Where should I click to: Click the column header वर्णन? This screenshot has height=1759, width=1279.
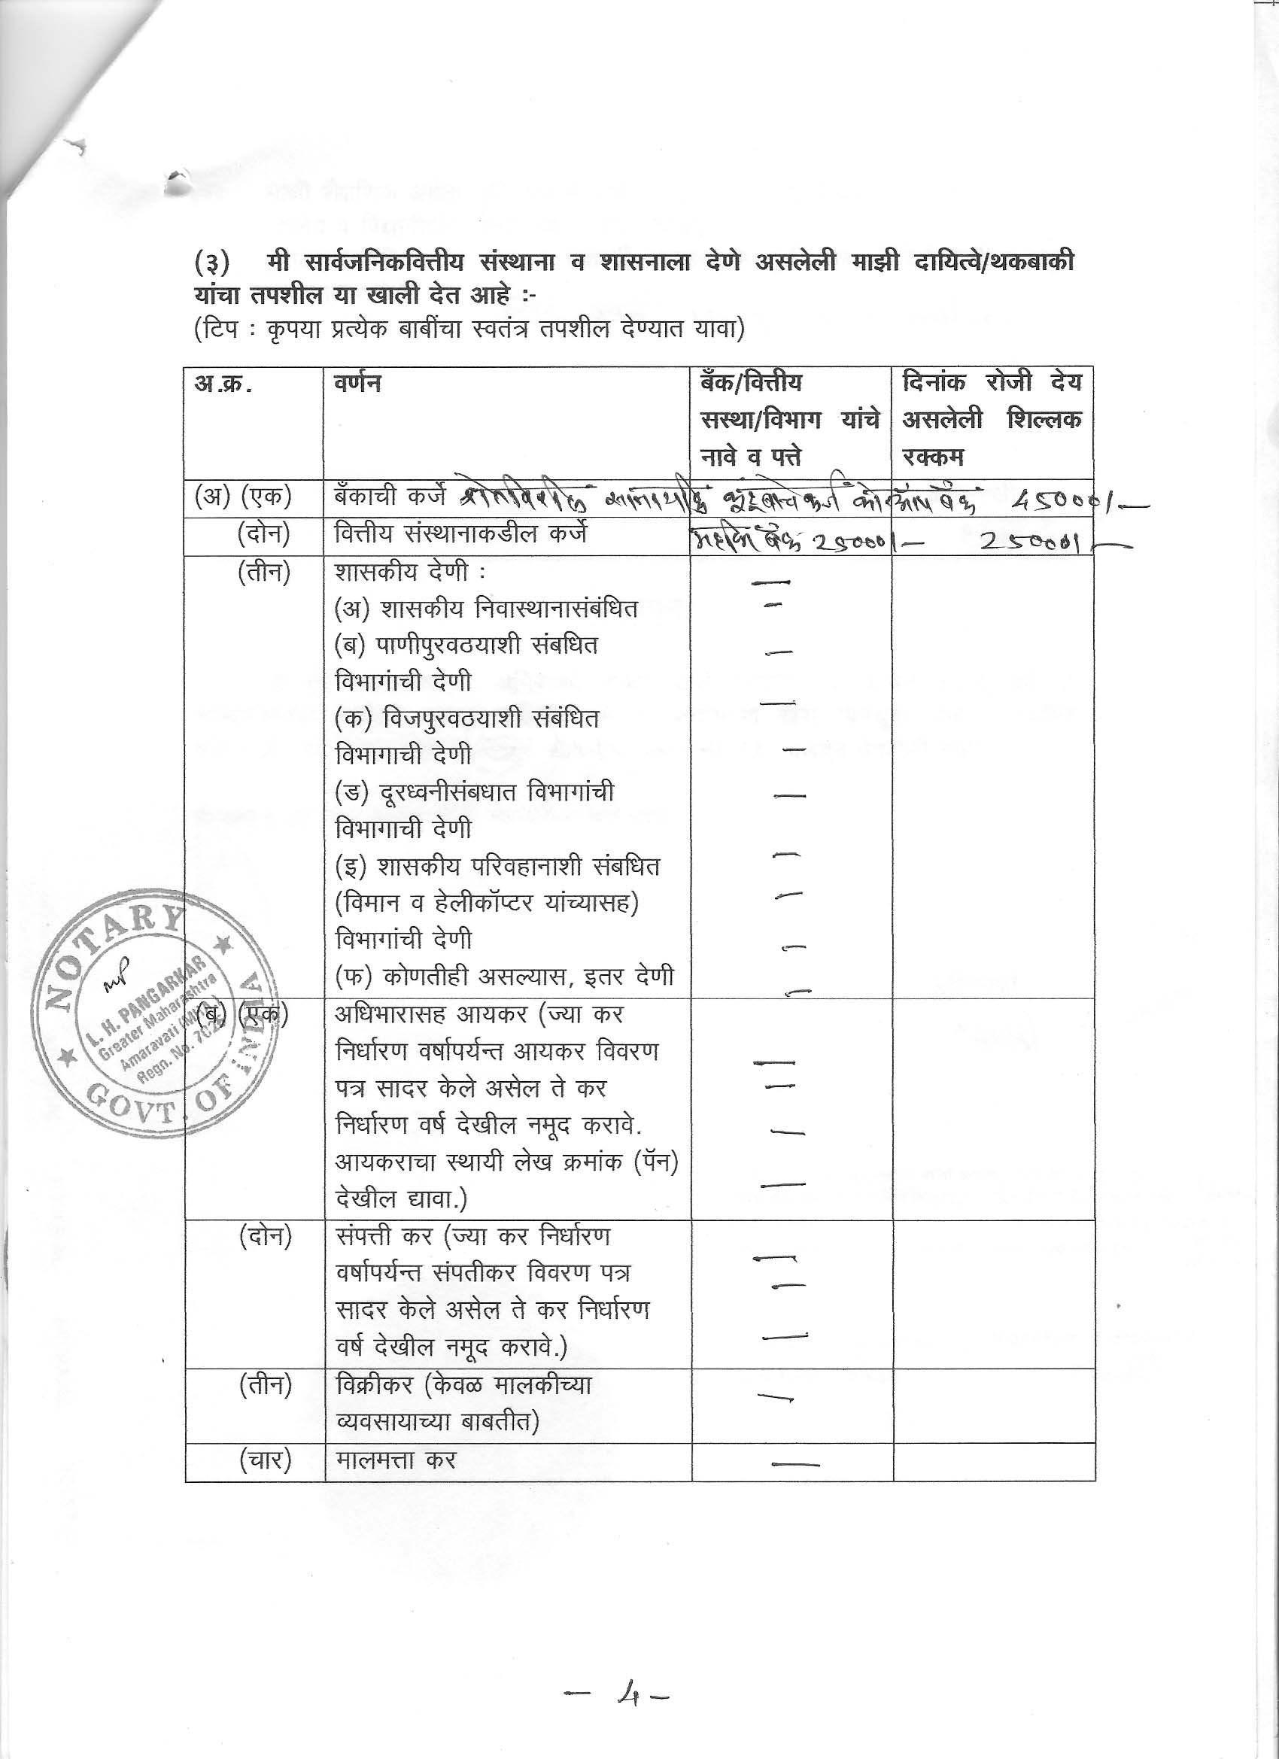point(357,384)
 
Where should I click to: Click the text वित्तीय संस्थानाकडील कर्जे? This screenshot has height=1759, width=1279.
point(460,535)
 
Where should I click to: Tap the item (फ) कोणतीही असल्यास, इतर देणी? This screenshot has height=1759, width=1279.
point(504,977)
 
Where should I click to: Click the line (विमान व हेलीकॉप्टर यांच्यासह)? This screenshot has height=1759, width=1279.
point(487,903)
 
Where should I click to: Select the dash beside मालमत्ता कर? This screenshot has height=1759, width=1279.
point(795,1464)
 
